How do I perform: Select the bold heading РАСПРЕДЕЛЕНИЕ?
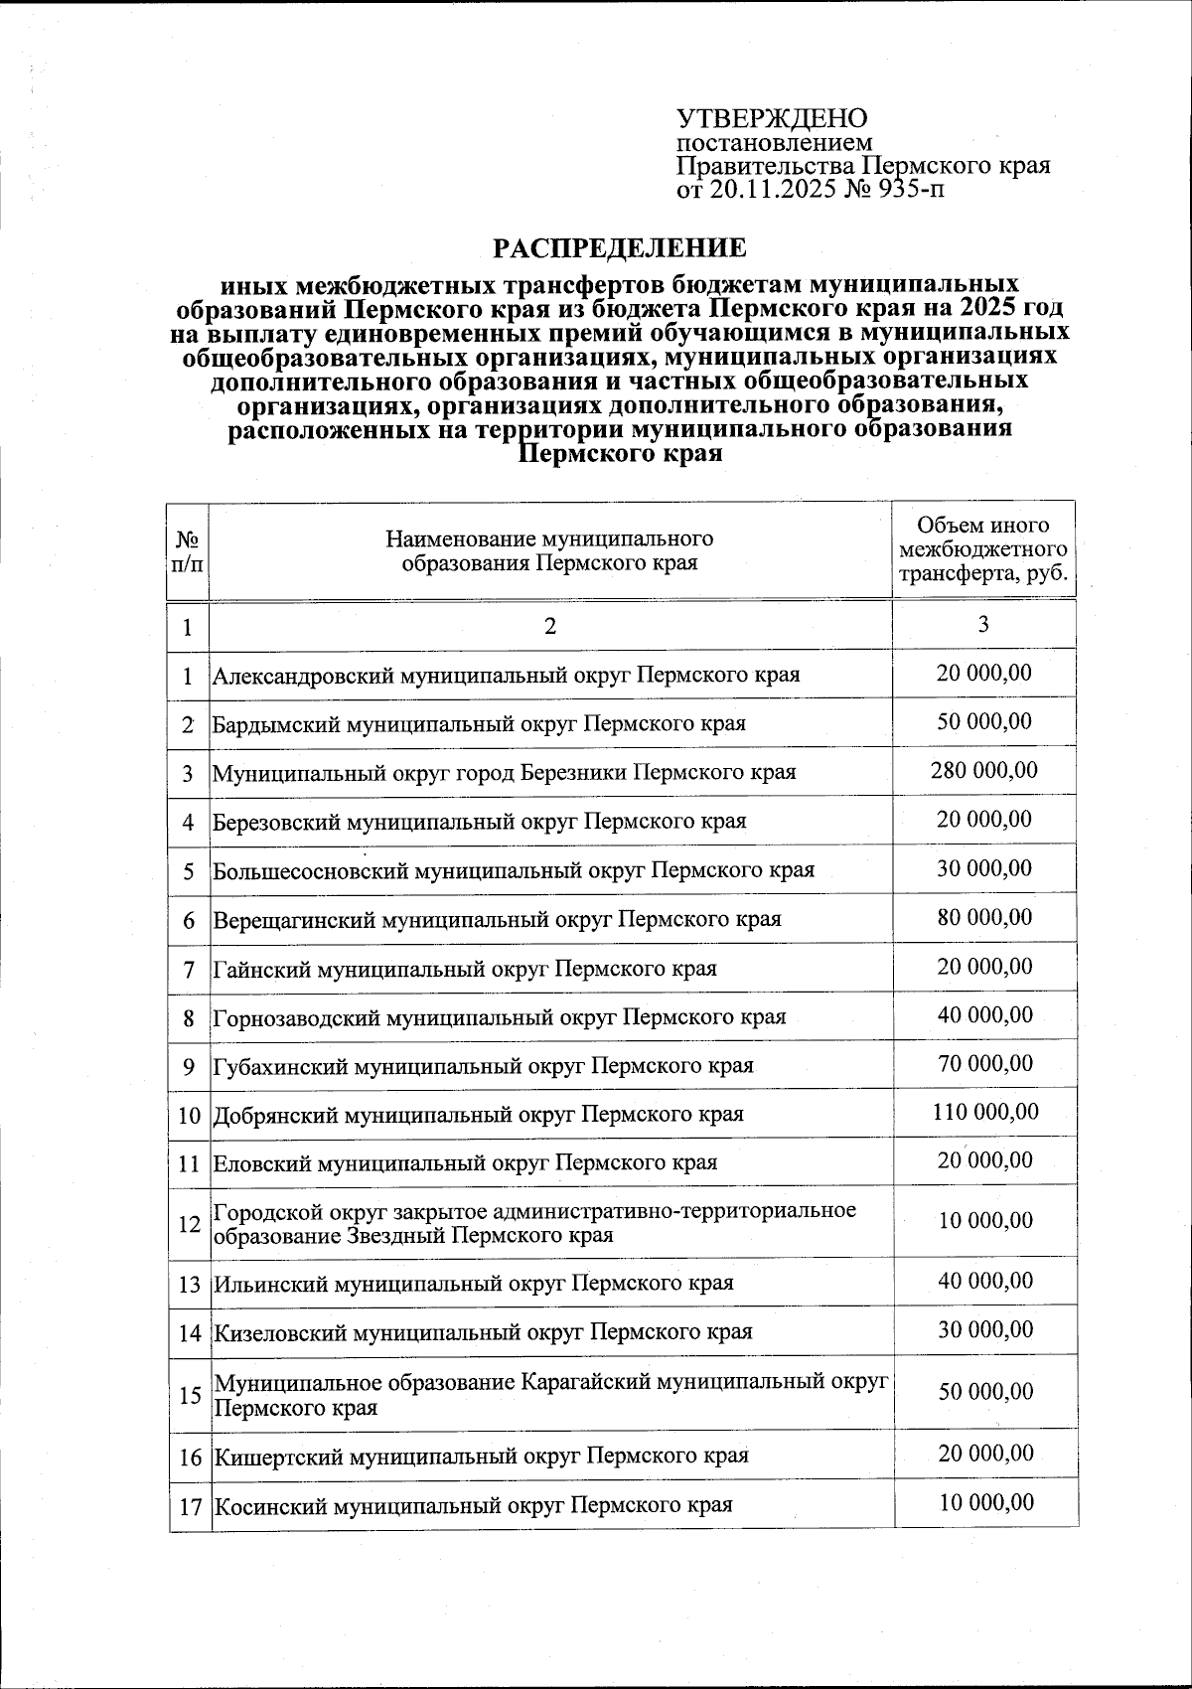(x=621, y=246)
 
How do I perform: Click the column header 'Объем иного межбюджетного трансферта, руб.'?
(x=983, y=549)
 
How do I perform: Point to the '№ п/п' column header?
(x=188, y=551)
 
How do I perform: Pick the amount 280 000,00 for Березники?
(x=984, y=770)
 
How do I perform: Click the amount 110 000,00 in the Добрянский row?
(x=985, y=1111)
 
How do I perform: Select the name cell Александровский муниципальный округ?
(x=507, y=676)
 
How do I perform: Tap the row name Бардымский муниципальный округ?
(x=479, y=724)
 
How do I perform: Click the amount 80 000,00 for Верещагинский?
(x=984, y=916)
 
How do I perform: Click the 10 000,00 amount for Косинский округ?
(x=986, y=1501)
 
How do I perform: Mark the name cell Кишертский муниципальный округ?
(x=481, y=1457)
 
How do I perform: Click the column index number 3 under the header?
(x=983, y=624)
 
